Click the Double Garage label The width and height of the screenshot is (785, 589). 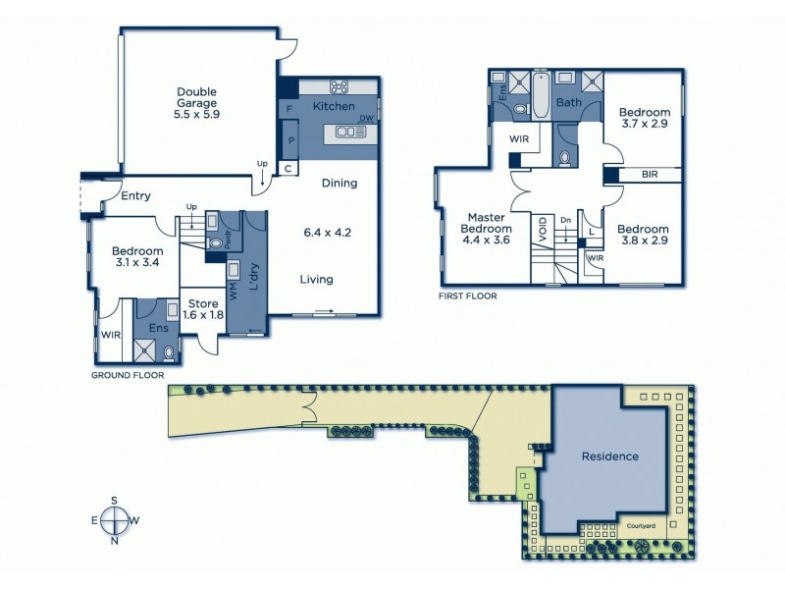pos(197,102)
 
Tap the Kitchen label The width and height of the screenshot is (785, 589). pos(333,106)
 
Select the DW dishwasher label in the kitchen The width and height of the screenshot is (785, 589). pos(365,119)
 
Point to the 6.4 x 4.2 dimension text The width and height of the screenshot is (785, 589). pos(328,233)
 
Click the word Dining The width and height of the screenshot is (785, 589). pos(340,184)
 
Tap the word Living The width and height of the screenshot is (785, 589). pos(316,280)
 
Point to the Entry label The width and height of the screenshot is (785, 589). pos(135,196)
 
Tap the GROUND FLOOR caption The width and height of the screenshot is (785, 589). pos(128,375)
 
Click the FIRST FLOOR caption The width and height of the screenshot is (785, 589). pos(468,295)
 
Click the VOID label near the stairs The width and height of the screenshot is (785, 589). pos(542,229)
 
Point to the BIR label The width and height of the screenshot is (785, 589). pos(650,175)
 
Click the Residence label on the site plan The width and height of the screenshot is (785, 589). pos(609,456)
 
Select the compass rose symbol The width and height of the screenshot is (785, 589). pos(115,520)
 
